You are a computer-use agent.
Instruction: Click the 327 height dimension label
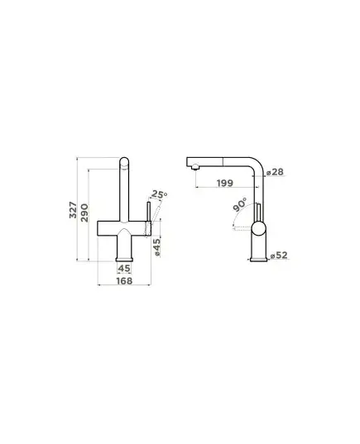click(x=73, y=210)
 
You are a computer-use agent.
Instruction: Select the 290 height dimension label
click(x=84, y=212)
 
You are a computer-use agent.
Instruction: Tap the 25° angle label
click(x=159, y=194)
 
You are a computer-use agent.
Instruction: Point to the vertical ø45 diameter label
click(x=156, y=247)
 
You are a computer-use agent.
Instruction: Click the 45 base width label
click(x=124, y=268)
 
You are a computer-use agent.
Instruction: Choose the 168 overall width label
click(x=124, y=281)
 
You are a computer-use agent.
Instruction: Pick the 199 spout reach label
click(x=225, y=183)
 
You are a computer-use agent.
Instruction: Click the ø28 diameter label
click(x=275, y=172)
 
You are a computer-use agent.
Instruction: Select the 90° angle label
click(x=240, y=204)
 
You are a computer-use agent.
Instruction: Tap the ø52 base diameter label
click(x=279, y=255)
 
